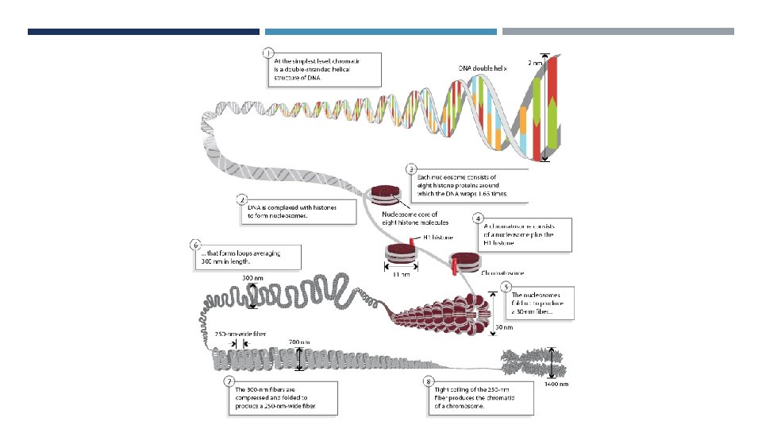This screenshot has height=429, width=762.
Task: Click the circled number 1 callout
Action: click(x=269, y=53)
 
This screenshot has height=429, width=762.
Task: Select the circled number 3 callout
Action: click(x=410, y=168)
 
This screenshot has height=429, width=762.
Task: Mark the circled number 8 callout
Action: click(x=429, y=381)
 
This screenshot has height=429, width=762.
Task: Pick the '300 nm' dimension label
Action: click(x=253, y=278)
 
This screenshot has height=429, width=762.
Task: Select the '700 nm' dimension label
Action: click(x=300, y=341)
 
